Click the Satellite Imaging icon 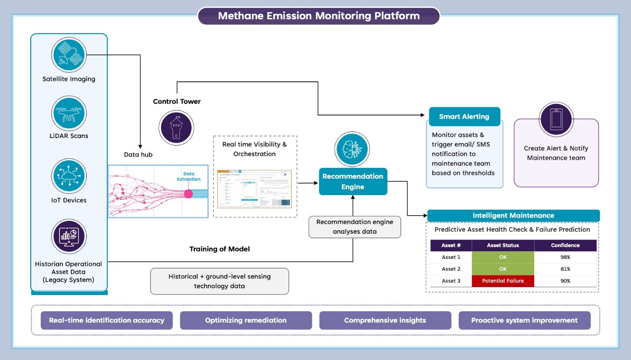pyautogui.click(x=69, y=55)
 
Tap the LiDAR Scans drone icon pyautogui.click(x=69, y=113)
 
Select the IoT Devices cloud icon pyautogui.click(x=69, y=176)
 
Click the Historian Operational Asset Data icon pyautogui.click(x=69, y=236)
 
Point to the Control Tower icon pyautogui.click(x=177, y=128)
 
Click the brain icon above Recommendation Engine pyautogui.click(x=352, y=149)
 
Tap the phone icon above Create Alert pyautogui.click(x=556, y=119)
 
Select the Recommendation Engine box pyautogui.click(x=353, y=182)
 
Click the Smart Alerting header pyautogui.click(x=464, y=117)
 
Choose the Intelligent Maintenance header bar pyautogui.click(x=513, y=216)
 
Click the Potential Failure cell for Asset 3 pyautogui.click(x=503, y=281)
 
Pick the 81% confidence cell pyautogui.click(x=565, y=269)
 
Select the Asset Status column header pyautogui.click(x=503, y=245)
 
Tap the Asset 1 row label pyautogui.click(x=451, y=257)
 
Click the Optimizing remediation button pyautogui.click(x=246, y=321)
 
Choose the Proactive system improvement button pyautogui.click(x=524, y=321)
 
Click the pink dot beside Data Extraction pyautogui.click(x=188, y=193)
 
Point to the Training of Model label pyautogui.click(x=219, y=249)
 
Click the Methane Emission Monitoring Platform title pyautogui.click(x=319, y=16)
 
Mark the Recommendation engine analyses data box pyautogui.click(x=355, y=227)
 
